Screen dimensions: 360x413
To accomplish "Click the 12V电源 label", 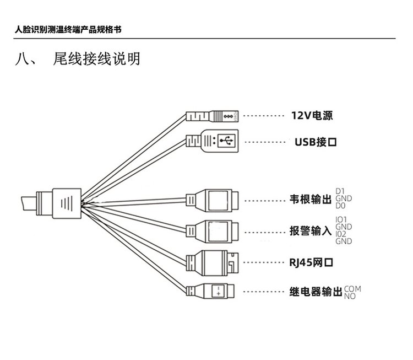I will coord(312,116).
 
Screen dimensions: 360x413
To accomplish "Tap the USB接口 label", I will coord(315,142).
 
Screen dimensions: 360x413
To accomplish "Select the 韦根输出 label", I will coord(311,199).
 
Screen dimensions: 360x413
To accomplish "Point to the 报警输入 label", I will coord(311,232).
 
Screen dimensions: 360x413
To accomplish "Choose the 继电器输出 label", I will coord(316,292).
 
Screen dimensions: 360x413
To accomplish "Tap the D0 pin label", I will coord(339,206).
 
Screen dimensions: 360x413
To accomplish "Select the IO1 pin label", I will coord(340,219).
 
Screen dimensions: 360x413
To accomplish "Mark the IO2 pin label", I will coord(340,234).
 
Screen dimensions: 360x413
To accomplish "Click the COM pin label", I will coord(352,289).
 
